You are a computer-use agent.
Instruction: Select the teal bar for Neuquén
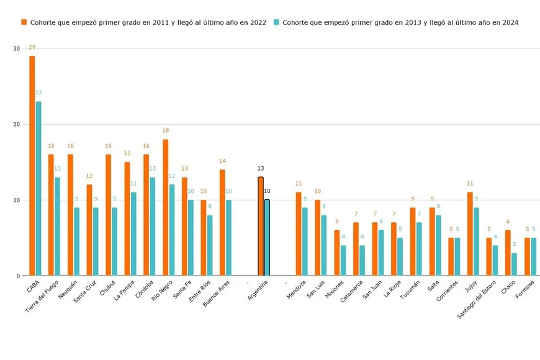pyautogui.click(x=76, y=241)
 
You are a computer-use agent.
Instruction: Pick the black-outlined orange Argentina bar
pyautogui.click(x=261, y=226)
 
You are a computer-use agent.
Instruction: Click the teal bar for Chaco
pyautogui.click(x=514, y=264)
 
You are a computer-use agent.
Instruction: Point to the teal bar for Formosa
pyautogui.click(x=533, y=256)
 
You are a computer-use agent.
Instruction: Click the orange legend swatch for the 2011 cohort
pyautogui.click(x=24, y=22)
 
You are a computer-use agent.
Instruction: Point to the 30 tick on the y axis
pyautogui.click(x=16, y=48)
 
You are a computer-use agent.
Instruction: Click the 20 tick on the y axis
pyautogui.click(x=16, y=124)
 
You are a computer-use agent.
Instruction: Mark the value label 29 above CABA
pyautogui.click(x=32, y=47)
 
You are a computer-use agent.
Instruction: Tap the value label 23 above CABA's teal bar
pyautogui.click(x=38, y=93)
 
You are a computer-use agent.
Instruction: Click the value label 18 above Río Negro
pyautogui.click(x=165, y=131)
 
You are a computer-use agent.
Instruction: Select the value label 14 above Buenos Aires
pyautogui.click(x=222, y=161)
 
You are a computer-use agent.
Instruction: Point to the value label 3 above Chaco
pyautogui.click(x=514, y=245)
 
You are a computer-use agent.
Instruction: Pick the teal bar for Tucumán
pyautogui.click(x=419, y=249)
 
